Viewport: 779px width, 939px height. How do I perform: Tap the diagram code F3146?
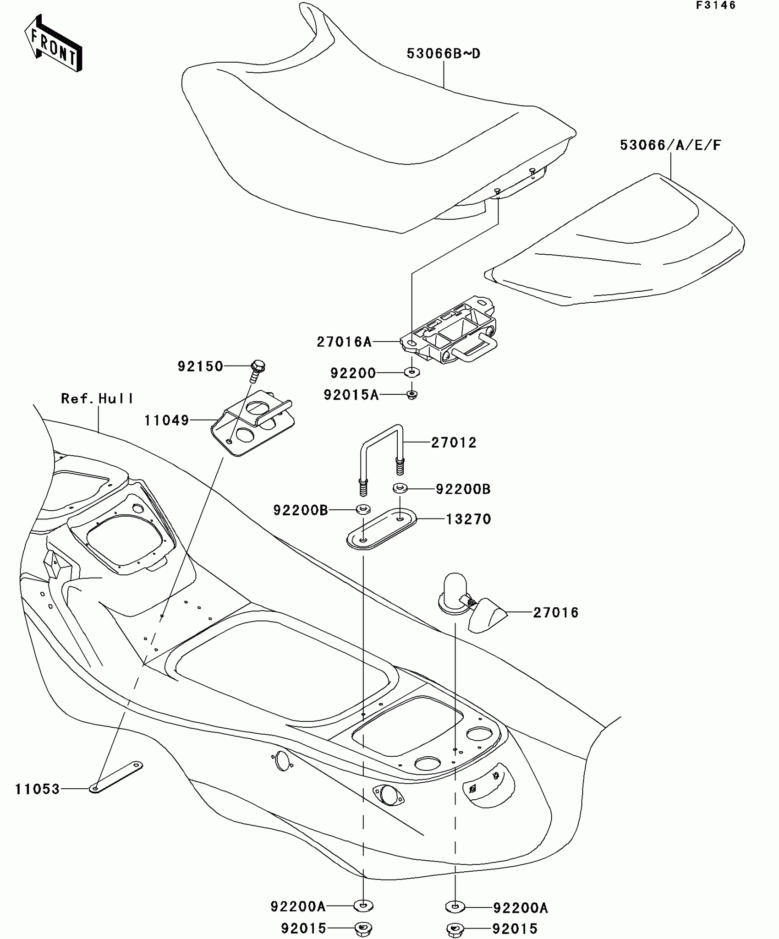point(715,5)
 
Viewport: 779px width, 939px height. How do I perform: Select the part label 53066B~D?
point(443,54)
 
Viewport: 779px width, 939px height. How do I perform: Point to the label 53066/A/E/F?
point(670,145)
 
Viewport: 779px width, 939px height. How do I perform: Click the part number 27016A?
point(344,342)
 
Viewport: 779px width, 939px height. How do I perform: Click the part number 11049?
point(167,420)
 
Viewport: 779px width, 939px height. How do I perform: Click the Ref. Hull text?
point(97,399)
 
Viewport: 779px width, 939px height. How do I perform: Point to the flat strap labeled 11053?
point(117,777)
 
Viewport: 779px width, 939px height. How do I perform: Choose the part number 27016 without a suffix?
point(556,613)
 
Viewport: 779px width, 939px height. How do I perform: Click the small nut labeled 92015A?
point(412,394)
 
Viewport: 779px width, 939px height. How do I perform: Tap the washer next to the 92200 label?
point(412,372)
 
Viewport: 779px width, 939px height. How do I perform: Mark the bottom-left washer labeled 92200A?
point(363,906)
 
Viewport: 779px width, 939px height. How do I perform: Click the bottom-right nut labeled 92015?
point(455,929)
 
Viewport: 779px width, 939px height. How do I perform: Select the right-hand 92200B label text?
point(463,489)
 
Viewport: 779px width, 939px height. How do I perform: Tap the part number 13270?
point(468,519)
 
